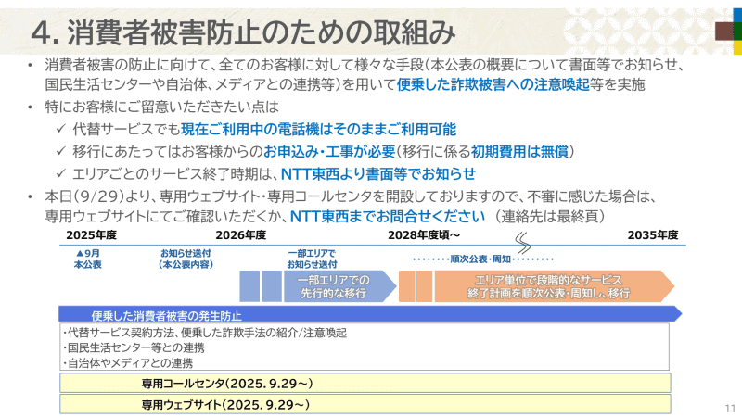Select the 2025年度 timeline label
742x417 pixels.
(x=91, y=235)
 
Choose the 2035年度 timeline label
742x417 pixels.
(x=653, y=235)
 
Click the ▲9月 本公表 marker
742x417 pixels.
(x=88, y=259)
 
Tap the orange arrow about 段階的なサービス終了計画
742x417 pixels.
(x=553, y=286)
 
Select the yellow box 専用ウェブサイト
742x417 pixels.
(x=227, y=405)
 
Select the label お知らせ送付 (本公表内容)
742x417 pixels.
(x=185, y=259)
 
